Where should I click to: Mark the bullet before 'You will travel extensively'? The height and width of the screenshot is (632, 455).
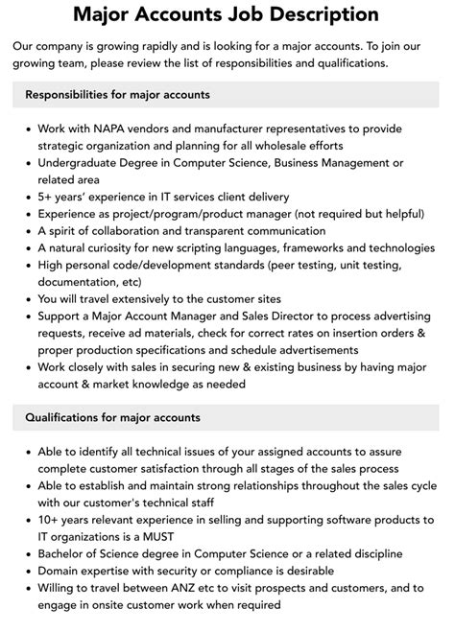(27, 300)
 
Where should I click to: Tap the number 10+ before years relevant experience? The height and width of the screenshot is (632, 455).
(50, 519)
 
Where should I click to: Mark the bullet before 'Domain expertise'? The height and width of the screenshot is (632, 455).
(27, 571)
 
